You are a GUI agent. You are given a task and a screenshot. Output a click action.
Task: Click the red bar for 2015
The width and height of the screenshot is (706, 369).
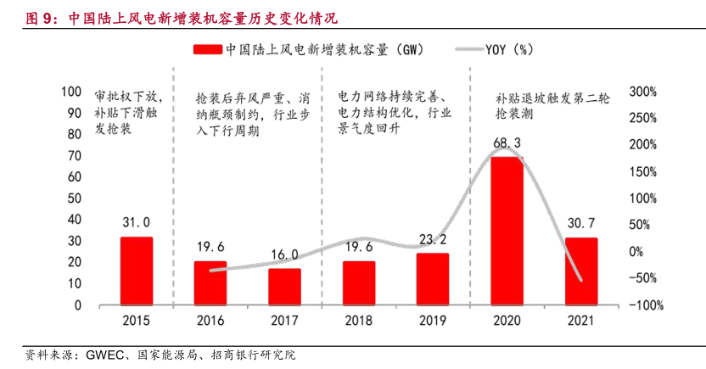coord(136,271)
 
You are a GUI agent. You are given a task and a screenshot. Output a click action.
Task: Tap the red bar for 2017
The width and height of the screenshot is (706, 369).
coord(284,287)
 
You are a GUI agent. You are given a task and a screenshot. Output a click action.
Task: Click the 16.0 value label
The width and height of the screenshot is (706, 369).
coord(284,254)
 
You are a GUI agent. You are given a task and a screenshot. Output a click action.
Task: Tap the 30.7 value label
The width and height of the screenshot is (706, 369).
coord(580,223)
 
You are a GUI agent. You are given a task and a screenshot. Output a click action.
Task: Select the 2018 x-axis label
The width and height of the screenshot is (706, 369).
coord(359,321)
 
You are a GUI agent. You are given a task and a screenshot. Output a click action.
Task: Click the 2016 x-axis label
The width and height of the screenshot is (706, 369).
coord(210,321)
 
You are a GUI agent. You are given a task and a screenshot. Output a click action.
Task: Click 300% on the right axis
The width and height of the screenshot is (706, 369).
coord(642,92)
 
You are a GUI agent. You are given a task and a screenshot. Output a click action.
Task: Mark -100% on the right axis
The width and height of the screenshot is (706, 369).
coord(645,305)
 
